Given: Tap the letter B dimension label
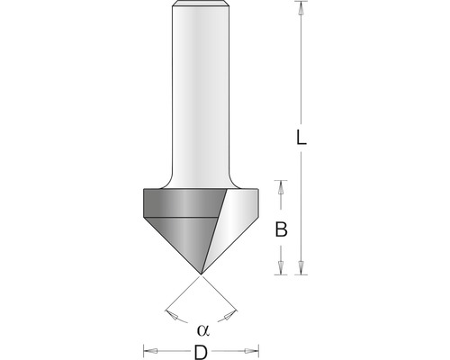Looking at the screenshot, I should click(281, 230).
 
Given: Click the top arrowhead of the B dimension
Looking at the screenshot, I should click(281, 185).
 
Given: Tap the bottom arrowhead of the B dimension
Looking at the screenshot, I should click(281, 267).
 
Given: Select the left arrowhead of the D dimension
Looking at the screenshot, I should click(150, 350).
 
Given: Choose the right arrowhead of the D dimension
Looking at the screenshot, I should click(252, 350).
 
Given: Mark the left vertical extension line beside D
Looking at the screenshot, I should click(143, 346).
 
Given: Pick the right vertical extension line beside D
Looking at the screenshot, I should click(259, 346).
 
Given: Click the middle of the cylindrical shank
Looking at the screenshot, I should click(201, 90).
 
